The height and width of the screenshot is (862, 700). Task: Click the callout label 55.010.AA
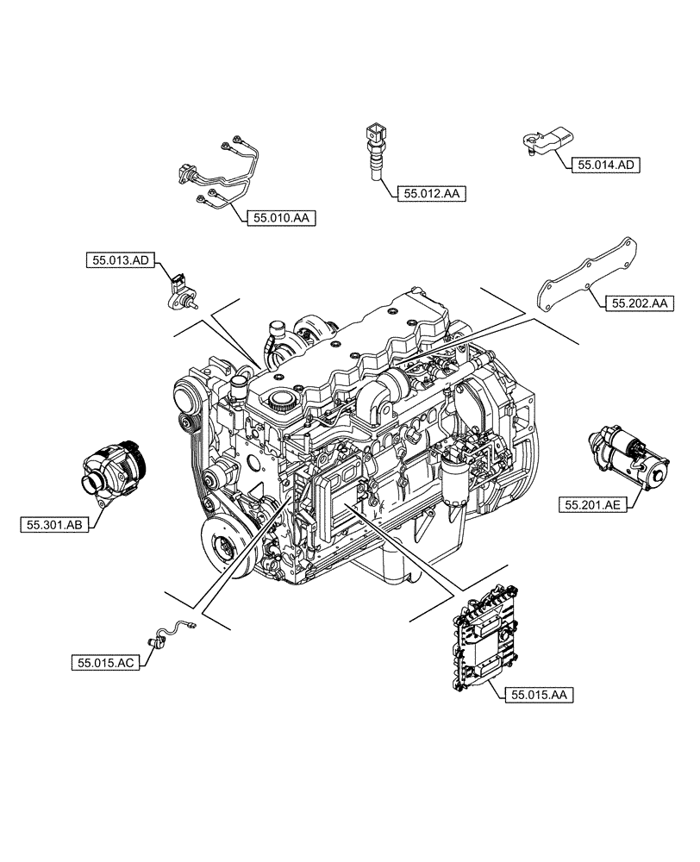coord(281,219)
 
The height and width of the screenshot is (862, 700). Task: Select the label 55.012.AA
coord(432,195)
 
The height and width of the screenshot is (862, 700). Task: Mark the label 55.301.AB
coord(54,522)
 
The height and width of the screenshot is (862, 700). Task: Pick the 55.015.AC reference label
coord(104,663)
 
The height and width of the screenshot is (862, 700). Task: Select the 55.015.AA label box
coord(542,693)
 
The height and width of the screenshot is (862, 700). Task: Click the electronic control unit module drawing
coord(484,638)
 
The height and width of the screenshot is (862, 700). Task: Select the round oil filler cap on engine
coord(279,398)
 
